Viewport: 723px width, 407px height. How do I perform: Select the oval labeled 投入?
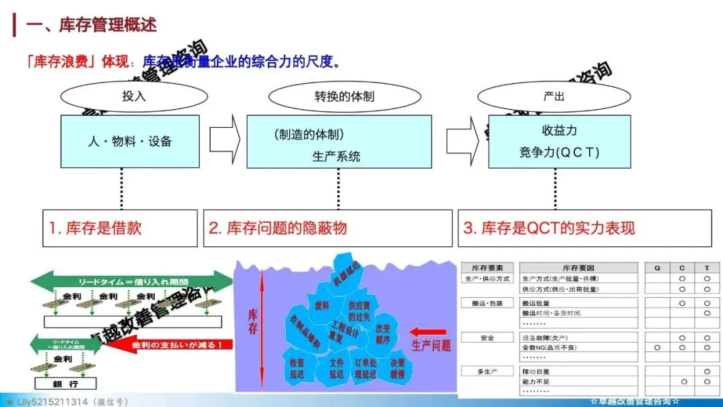tap(134, 96)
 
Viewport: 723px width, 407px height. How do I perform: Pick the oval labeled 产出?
tap(554, 96)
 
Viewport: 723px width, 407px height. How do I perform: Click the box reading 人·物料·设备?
tap(130, 141)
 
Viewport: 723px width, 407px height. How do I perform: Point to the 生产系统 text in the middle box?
tap(336, 156)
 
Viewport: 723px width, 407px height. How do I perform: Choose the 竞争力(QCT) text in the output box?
tap(558, 152)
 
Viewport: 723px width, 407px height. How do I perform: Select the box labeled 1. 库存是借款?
tap(120, 228)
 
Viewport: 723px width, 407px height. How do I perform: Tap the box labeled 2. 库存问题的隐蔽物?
tap(327, 228)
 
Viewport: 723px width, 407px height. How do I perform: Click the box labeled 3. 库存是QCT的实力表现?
tap(584, 228)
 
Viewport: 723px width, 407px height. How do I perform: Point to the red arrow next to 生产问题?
tap(428, 331)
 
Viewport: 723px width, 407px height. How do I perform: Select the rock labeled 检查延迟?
tap(297, 368)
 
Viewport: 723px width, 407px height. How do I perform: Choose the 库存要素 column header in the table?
tap(488, 268)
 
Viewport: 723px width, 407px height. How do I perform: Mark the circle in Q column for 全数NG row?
tap(657, 347)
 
